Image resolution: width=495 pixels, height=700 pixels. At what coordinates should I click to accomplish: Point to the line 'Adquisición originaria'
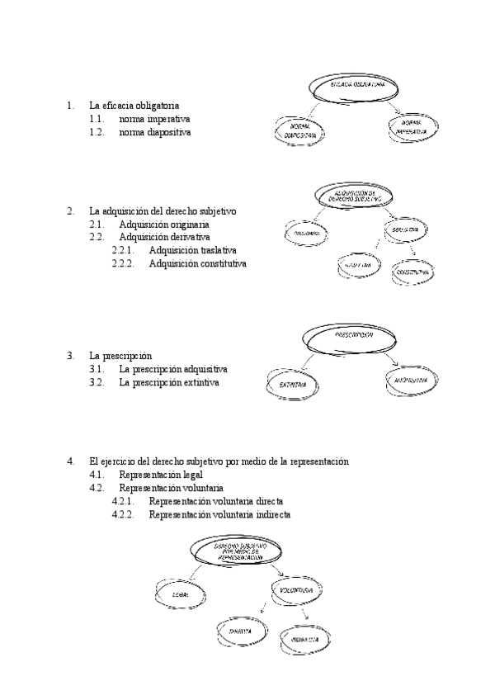click(x=163, y=224)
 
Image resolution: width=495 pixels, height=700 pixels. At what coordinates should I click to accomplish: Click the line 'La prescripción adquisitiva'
click(x=173, y=369)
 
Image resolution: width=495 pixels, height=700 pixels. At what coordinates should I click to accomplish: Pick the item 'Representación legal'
click(x=161, y=475)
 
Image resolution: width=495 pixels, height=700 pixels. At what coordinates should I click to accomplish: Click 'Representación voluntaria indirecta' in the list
click(x=219, y=515)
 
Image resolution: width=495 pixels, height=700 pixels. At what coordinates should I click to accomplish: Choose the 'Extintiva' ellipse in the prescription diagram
click(x=294, y=385)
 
